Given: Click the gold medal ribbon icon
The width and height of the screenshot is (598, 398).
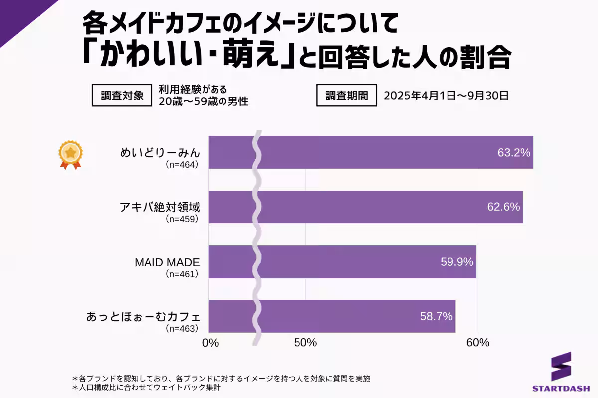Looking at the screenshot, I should [70, 155].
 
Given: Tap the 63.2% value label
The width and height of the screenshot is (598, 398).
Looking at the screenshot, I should [513, 152].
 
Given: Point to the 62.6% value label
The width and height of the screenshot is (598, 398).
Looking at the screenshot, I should [503, 207].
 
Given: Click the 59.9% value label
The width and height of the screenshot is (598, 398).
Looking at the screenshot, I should [456, 262].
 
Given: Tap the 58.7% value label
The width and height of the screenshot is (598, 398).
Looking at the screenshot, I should [436, 316].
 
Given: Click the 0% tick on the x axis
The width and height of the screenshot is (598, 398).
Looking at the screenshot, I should [210, 343].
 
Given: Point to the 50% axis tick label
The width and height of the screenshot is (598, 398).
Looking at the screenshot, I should [305, 343].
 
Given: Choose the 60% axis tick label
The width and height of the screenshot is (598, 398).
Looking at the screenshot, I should [478, 343].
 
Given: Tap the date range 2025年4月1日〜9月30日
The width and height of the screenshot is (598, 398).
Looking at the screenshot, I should [446, 96].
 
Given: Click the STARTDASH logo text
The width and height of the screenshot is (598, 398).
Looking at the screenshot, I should [561, 388].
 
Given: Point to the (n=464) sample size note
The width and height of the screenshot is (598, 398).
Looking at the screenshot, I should [182, 165].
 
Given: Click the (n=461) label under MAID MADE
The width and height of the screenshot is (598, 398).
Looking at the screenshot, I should [182, 274].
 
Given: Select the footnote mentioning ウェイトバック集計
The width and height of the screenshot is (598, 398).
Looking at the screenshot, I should [147, 387].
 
